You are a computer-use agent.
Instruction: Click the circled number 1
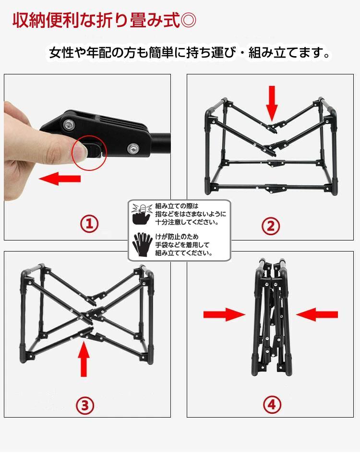click(89, 224)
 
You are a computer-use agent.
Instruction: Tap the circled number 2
click(271, 226)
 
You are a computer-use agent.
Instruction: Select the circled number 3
click(85, 405)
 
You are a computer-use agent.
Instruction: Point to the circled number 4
click(272, 405)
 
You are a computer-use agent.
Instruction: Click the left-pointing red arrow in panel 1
click(60, 178)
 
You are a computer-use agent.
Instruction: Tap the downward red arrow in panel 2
click(272, 103)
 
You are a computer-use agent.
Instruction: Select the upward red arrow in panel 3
click(84, 359)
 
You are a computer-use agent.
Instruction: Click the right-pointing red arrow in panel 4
click(224, 314)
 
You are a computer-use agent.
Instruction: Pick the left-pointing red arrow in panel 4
click(317, 314)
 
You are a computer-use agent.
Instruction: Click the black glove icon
click(142, 244)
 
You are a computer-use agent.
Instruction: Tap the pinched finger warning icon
click(142, 214)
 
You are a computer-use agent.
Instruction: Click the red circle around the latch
click(90, 153)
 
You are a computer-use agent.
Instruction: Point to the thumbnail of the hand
click(80, 151)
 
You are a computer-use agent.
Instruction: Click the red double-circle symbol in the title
click(188, 20)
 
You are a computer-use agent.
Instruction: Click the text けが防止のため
click(177, 237)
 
